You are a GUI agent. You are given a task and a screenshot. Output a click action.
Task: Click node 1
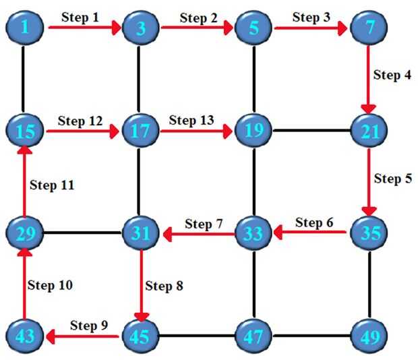point(25,28)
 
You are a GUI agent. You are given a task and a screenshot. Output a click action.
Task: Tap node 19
point(253,130)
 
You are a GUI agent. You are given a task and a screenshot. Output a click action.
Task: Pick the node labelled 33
point(253,233)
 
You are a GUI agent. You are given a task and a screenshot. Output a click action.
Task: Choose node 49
point(369,335)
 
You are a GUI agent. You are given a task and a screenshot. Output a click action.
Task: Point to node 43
point(25,335)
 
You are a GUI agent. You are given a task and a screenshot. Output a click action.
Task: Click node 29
point(25,233)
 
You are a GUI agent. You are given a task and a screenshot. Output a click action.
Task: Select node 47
point(253,335)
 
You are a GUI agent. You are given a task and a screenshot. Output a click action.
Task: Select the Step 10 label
point(50,285)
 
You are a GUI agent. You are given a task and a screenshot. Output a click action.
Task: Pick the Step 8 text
point(165,285)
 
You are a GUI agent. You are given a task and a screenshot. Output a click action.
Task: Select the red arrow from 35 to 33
point(311,233)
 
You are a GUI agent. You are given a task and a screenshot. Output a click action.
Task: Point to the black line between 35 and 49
point(369,284)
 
